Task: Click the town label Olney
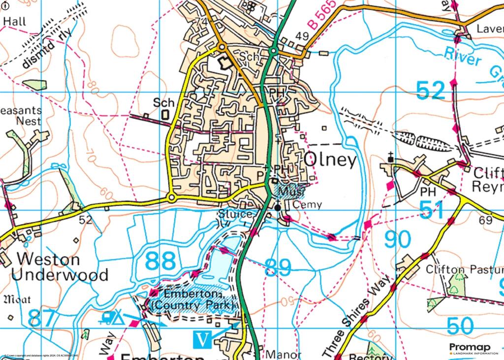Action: (x=330, y=161)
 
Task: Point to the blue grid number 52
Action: (x=430, y=90)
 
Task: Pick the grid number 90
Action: (x=397, y=240)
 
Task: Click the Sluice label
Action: (x=237, y=214)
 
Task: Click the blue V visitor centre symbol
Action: (x=203, y=339)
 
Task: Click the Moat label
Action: (x=17, y=299)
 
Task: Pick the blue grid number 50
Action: (x=461, y=326)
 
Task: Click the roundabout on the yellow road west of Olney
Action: (x=171, y=198)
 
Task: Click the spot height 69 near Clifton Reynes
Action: (x=485, y=220)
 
